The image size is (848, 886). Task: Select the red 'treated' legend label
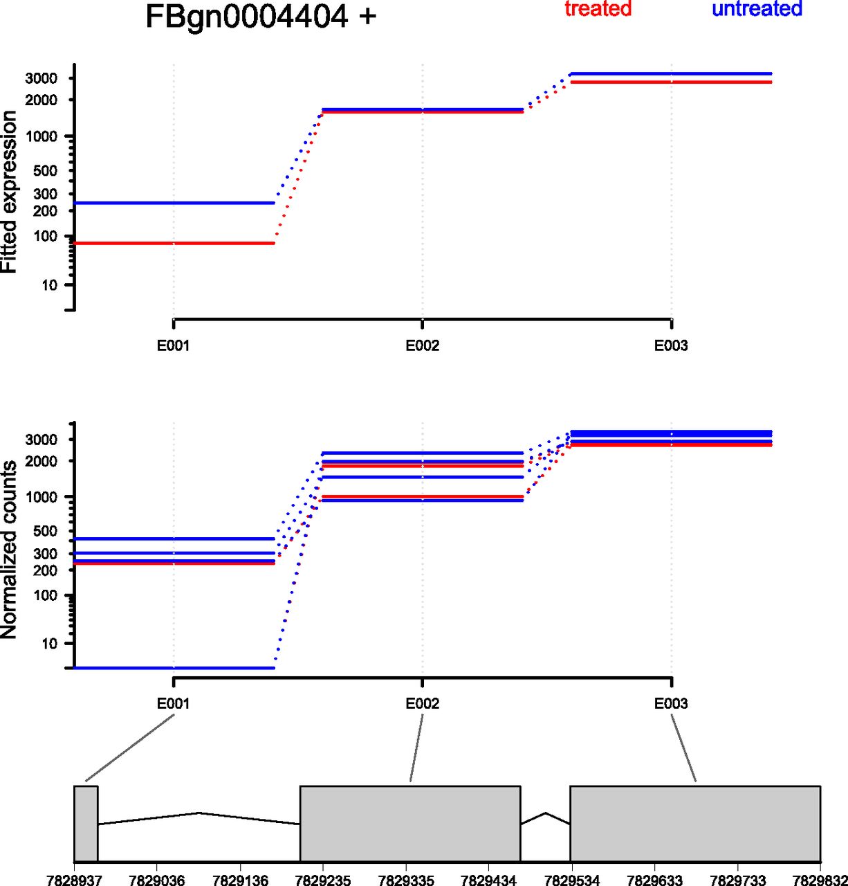click(x=598, y=9)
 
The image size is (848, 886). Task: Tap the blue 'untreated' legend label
click(x=757, y=9)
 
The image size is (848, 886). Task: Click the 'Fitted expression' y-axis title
click(x=10, y=192)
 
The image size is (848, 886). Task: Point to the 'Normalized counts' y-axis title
click(x=10, y=550)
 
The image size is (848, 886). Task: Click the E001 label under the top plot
click(x=173, y=346)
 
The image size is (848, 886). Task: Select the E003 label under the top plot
click(x=671, y=346)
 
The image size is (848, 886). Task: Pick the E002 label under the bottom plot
click(x=422, y=704)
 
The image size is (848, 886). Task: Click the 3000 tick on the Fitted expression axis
click(x=41, y=78)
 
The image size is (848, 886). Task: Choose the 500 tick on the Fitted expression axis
click(x=46, y=171)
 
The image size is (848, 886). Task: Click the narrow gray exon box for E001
click(x=86, y=823)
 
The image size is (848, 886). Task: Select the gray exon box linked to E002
click(x=409, y=823)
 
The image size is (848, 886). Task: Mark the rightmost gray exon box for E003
click(x=695, y=823)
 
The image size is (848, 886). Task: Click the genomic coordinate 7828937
click(x=73, y=880)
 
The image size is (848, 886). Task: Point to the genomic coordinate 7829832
click(x=819, y=880)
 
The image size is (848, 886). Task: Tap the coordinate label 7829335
click(x=405, y=880)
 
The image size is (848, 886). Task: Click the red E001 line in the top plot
click(x=173, y=243)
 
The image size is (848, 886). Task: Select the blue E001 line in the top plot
click(x=173, y=203)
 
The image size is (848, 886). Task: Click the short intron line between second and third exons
click(x=545, y=817)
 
